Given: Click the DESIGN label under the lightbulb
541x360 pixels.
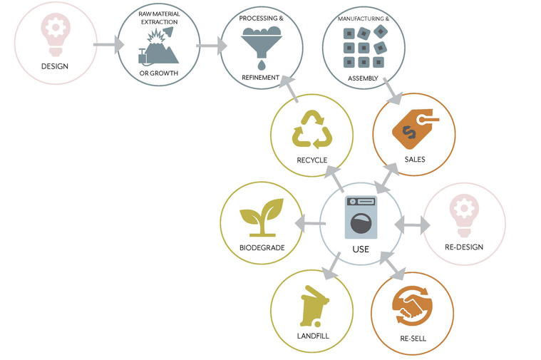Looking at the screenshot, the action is pos(54,66).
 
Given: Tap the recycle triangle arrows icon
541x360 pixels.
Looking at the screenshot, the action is pos(312,130).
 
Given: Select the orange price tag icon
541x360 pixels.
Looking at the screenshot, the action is pos(416,129).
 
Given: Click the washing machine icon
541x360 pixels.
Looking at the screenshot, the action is pos(361,217).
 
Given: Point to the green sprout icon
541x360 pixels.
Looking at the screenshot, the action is pos(262,217).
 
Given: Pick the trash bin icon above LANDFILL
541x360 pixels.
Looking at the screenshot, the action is pos(314,307).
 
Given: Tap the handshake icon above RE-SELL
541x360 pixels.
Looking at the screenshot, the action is pos(412,306).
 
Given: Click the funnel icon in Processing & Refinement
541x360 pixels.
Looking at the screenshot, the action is pos(261,47).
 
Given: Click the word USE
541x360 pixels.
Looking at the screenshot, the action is pos(361,250).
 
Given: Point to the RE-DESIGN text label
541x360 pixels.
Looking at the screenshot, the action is pos(464,247).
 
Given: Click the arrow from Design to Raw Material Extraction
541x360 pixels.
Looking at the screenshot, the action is pos(108,44).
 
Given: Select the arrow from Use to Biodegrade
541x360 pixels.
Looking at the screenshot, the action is pos(310,224).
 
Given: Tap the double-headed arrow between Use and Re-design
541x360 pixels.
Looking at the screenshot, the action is pos(412,225).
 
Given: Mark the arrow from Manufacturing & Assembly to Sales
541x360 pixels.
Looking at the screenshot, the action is pos(393,91).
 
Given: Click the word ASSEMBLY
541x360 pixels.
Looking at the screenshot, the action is pos(363,78).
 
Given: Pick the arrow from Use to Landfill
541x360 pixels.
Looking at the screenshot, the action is pos(331,266).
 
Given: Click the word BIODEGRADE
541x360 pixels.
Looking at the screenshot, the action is pos(262,248).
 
